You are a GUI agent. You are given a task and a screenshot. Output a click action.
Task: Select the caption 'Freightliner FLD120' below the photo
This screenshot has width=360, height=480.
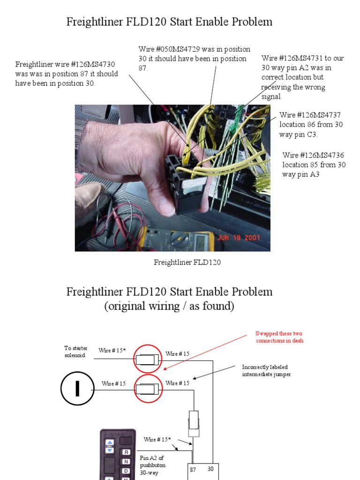tap(187, 262)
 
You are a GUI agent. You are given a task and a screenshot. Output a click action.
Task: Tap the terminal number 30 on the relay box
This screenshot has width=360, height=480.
tap(210, 469)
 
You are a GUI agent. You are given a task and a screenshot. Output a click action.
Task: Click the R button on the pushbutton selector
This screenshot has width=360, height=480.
tap(126, 452)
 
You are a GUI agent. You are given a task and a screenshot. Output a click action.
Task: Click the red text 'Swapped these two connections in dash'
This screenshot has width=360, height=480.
tap(279, 337)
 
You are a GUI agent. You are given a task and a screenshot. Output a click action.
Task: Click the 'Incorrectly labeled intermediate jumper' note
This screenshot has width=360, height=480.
tap(266, 370)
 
